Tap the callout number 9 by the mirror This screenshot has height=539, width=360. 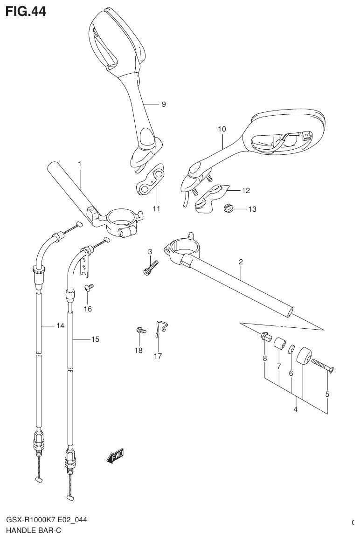pyautogui.click(x=164, y=104)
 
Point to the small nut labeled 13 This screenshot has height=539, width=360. pyautogui.click(x=229, y=209)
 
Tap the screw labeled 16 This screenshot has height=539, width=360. pyautogui.click(x=89, y=289)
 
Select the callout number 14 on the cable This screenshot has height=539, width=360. pyautogui.click(x=60, y=326)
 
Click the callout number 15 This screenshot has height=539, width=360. pyautogui.click(x=95, y=339)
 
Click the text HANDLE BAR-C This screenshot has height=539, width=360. pyautogui.click(x=34, y=530)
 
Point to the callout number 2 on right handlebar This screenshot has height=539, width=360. pyautogui.click(x=241, y=263)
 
